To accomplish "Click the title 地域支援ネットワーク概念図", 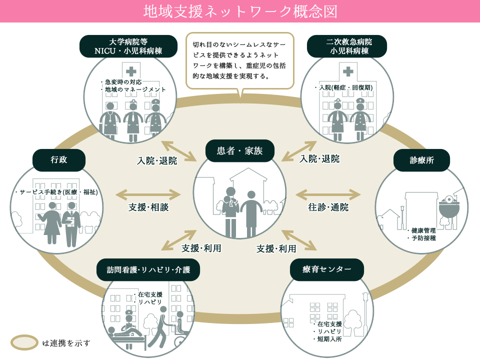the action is (240, 11).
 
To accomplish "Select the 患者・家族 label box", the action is (239, 151).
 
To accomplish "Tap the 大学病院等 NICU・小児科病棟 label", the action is (128, 46).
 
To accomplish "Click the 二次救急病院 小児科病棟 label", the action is (347, 46).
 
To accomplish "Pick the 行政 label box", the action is (59, 160).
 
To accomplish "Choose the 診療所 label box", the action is (421, 160).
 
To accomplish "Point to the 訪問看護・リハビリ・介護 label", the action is (148, 269).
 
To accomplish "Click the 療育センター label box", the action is (326, 269).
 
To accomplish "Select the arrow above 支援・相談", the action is (148, 194).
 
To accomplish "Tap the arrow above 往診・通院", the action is (328, 194).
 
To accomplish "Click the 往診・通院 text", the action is (328, 207).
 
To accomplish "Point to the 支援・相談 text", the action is (148, 207).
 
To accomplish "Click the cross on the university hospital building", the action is (131, 71).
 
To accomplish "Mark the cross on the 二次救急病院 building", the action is (348, 71).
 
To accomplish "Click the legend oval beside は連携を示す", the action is (24, 342).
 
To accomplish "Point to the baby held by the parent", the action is (227, 202).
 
